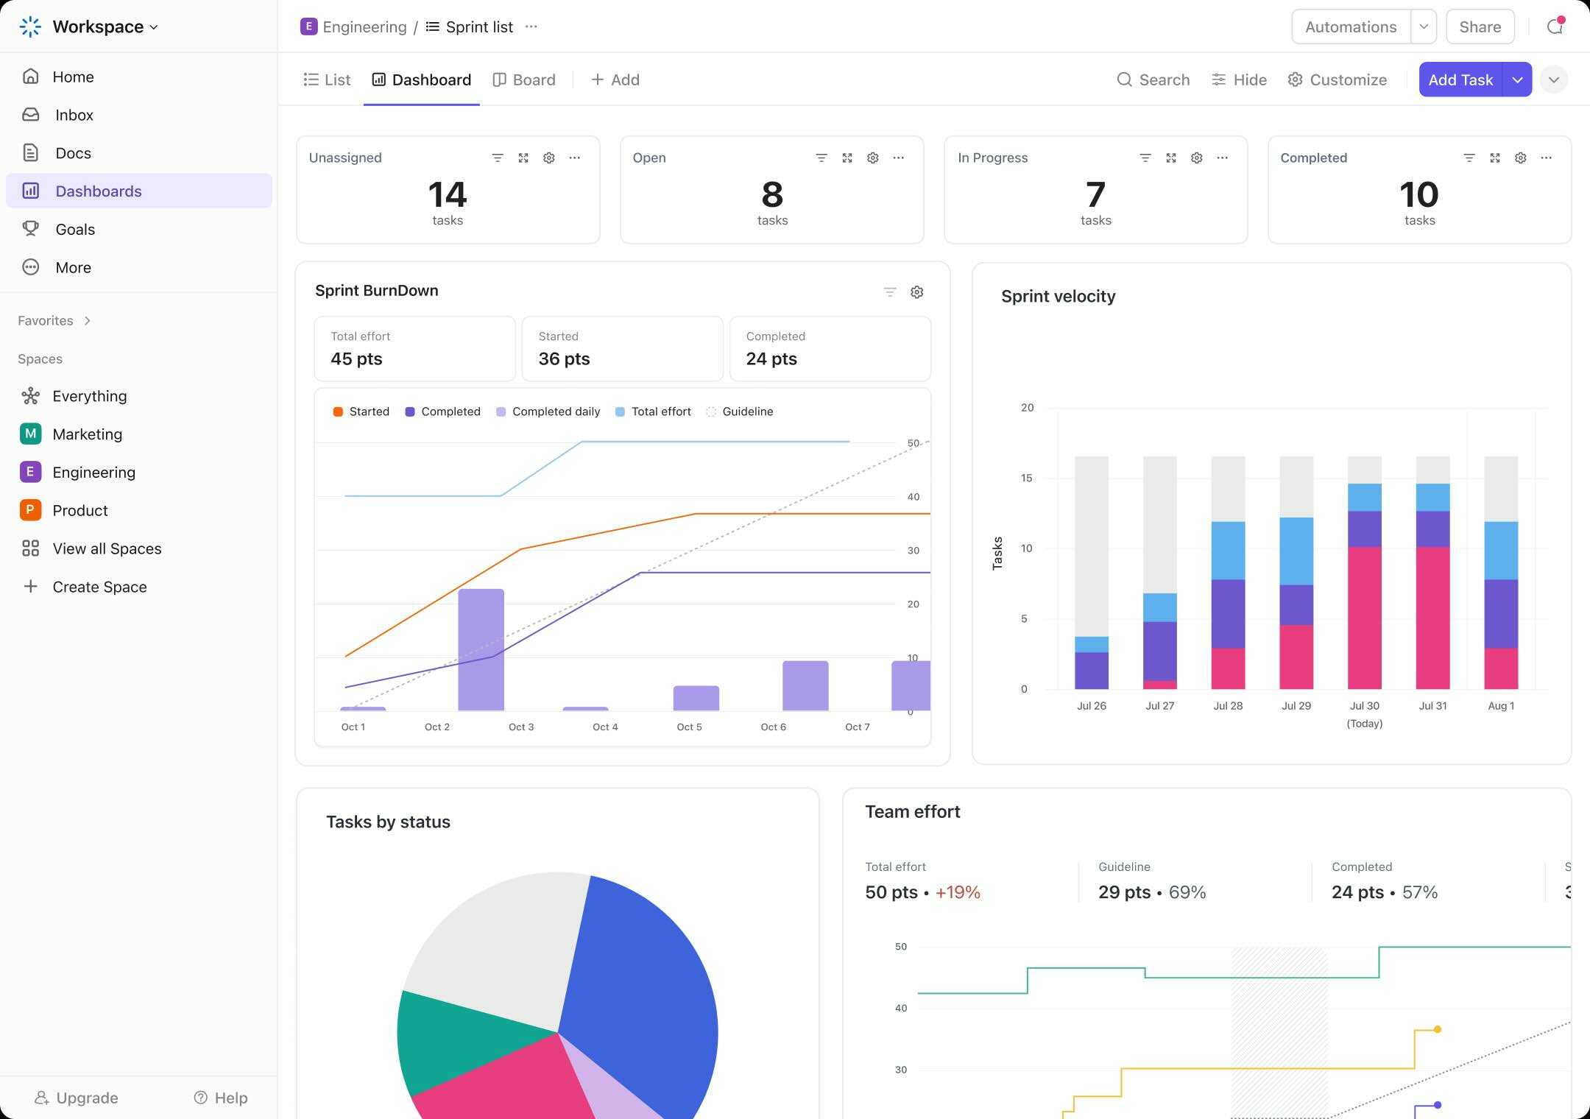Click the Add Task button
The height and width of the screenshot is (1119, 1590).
[x=1460, y=80]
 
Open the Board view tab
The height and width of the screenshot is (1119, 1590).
[x=524, y=80]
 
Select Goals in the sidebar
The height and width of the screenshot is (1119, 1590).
[x=75, y=229]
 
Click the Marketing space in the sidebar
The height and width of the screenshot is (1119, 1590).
[x=87, y=434]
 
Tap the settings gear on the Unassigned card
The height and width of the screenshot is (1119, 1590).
[x=548, y=158]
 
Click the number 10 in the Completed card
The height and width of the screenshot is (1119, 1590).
[x=1418, y=195]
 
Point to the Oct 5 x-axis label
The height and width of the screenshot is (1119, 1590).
[x=689, y=727]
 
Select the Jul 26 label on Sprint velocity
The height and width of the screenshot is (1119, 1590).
[x=1091, y=705]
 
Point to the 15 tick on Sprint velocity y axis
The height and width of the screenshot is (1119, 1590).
[x=1026, y=478]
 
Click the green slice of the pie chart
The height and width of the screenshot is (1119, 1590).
[x=456, y=1038]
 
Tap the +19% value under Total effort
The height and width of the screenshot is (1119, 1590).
[x=958, y=892]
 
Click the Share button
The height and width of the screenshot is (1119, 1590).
[x=1480, y=27]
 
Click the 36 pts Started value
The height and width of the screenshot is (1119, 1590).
[x=564, y=359]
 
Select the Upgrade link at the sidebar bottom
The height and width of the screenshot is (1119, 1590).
[x=77, y=1098]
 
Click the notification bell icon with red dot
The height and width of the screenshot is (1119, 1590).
[x=1555, y=27]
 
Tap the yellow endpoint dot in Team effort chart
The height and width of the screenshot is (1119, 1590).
[x=1437, y=1029]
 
